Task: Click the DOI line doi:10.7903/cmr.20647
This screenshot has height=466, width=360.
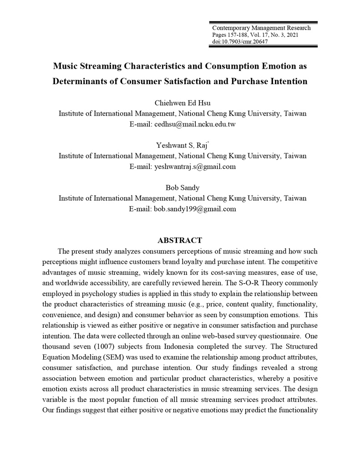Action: pyautogui.click(x=240, y=41)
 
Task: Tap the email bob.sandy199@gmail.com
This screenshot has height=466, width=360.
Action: pyautogui.click(x=195, y=209)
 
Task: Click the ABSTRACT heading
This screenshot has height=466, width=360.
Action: pyautogui.click(x=179, y=240)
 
